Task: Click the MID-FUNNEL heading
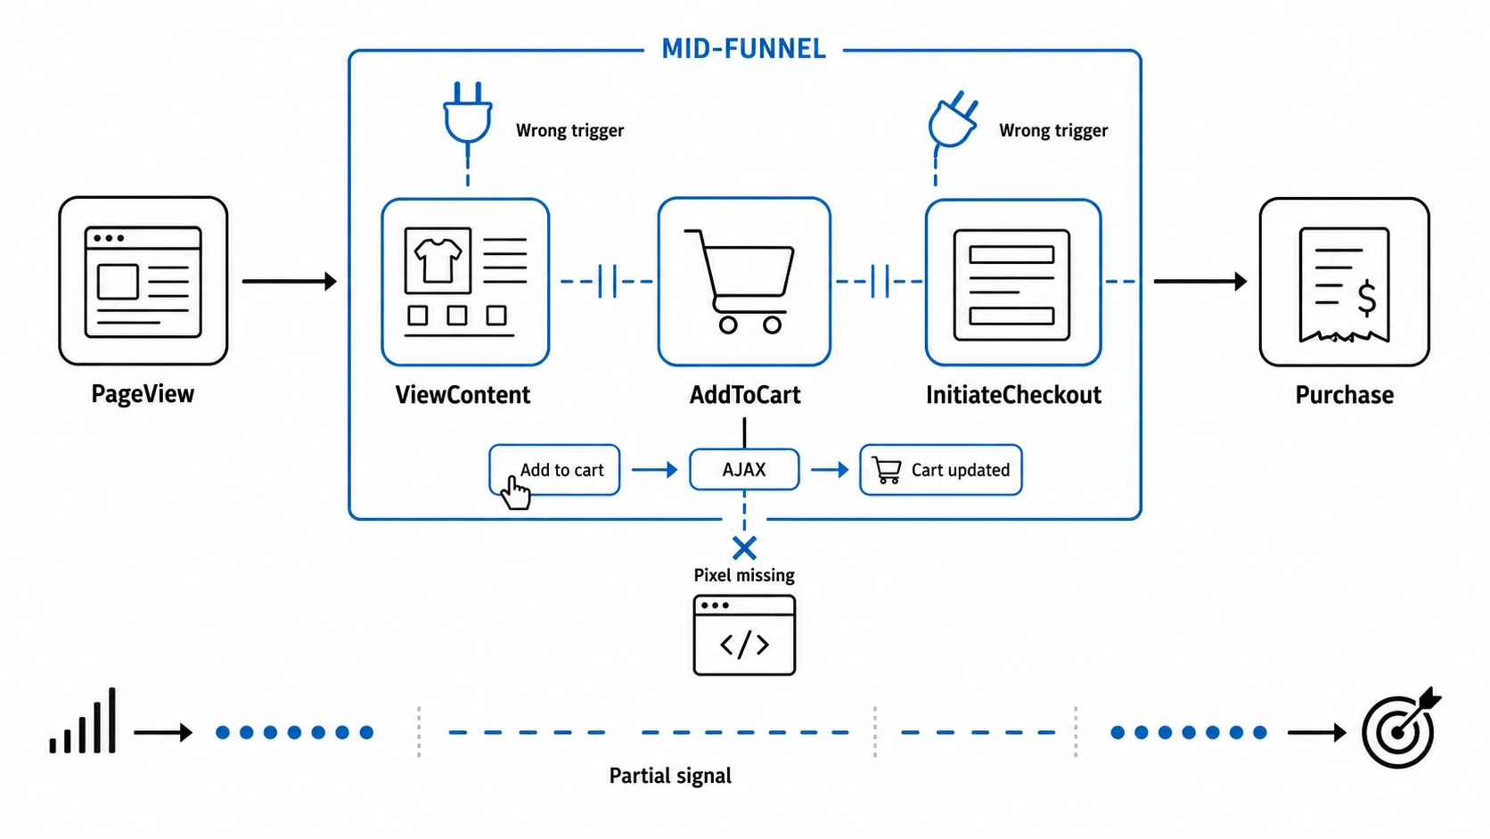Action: [743, 49]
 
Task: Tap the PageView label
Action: [143, 394]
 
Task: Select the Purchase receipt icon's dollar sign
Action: [1366, 298]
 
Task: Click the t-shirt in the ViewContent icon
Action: [438, 260]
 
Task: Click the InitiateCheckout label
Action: [1013, 395]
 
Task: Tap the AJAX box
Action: [744, 470]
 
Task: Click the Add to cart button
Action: [554, 470]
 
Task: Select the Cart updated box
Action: [940, 470]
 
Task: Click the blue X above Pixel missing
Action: [744, 548]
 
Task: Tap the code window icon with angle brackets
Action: [744, 636]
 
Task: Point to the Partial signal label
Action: [670, 776]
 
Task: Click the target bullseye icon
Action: [1400, 728]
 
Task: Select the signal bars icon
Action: [83, 720]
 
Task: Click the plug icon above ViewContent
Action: [468, 113]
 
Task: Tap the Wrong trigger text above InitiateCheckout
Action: [1053, 130]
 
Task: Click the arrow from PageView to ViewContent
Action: [290, 282]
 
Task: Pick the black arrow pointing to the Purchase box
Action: [1200, 282]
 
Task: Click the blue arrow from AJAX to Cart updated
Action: [831, 470]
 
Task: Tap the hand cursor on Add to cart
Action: [515, 493]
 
